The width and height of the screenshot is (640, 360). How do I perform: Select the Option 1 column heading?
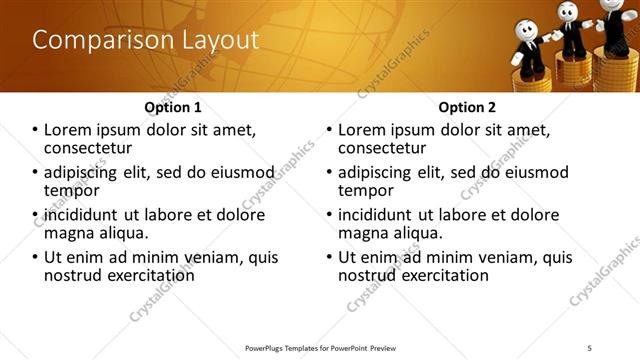(x=173, y=107)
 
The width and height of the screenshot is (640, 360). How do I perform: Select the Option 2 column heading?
(x=467, y=107)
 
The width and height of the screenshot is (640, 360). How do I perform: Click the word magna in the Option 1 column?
(x=67, y=233)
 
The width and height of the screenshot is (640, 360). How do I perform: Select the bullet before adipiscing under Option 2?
(x=328, y=172)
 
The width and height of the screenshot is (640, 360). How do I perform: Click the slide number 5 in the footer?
(x=590, y=347)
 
